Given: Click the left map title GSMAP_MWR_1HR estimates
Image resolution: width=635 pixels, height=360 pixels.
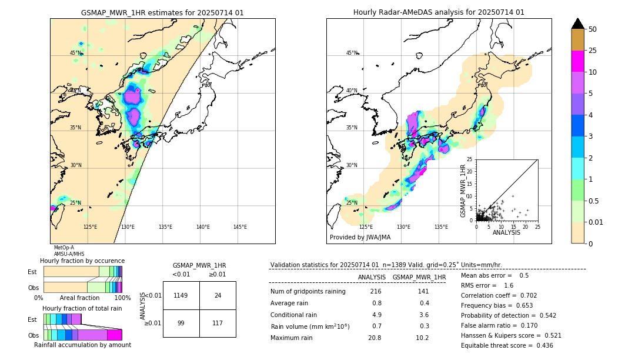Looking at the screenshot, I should click(162, 12).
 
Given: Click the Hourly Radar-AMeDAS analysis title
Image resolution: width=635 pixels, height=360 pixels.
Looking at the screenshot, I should click(439, 12).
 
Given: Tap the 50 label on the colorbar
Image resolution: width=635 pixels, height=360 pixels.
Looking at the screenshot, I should click(593, 29).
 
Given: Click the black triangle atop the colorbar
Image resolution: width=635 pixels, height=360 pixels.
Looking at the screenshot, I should click(577, 24).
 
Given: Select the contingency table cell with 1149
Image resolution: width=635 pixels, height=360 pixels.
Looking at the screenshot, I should click(181, 295).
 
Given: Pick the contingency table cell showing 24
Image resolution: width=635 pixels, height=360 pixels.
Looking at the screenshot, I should click(218, 295).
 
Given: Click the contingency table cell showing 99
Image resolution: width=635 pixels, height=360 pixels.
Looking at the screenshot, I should click(181, 323).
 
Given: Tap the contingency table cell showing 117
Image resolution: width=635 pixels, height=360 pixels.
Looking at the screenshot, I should click(218, 323).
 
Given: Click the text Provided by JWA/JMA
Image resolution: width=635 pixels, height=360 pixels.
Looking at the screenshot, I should click(360, 237).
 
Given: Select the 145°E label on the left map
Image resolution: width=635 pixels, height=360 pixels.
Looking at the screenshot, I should click(240, 227).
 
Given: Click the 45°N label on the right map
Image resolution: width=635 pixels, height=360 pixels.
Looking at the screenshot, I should click(352, 53).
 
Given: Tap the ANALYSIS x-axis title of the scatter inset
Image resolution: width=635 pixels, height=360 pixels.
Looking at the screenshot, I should click(506, 232).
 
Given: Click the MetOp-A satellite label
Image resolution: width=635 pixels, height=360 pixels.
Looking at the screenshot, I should click(64, 248).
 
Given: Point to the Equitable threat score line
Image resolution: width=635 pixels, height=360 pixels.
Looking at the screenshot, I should click(507, 345).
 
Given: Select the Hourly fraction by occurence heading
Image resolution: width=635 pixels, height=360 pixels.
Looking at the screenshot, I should click(82, 261).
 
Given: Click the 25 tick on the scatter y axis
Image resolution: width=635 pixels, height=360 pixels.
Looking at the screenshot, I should click(470, 159).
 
